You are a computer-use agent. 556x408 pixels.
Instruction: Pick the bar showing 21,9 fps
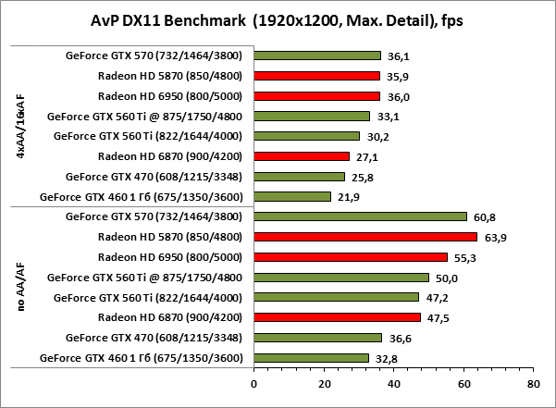pyautogui.click(x=292, y=196)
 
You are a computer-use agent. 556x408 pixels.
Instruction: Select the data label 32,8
pyautogui.click(x=388, y=358)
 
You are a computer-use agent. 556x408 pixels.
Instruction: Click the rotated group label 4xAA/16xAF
pyautogui.click(x=21, y=126)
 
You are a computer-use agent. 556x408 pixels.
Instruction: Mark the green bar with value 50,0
pyautogui.click(x=341, y=278)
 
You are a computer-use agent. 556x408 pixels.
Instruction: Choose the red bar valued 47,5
pyautogui.click(x=337, y=317)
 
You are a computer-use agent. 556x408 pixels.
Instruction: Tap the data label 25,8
pyautogui.click(x=363, y=177)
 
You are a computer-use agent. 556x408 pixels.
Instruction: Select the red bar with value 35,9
pyautogui.click(x=316, y=76)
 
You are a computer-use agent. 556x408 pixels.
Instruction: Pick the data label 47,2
pyautogui.click(x=439, y=298)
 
